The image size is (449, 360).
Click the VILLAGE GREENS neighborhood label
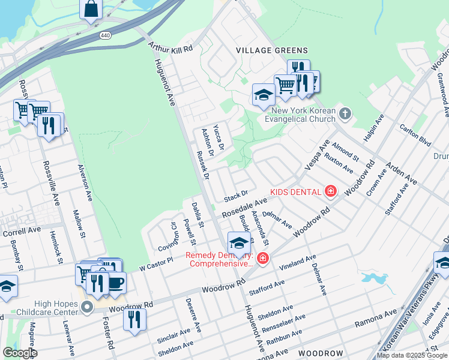(x=272, y=51)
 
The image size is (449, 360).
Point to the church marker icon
(x=344, y=113)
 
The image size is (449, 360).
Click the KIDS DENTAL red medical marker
(x=330, y=191)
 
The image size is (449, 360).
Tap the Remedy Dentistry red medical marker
(x=262, y=258)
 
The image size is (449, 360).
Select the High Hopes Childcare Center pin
(x=87, y=308)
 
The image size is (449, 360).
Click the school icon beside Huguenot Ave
(x=239, y=243)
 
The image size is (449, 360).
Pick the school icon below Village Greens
(x=263, y=94)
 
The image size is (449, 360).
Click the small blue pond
(x=373, y=278)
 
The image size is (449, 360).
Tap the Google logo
(x=20, y=352)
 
